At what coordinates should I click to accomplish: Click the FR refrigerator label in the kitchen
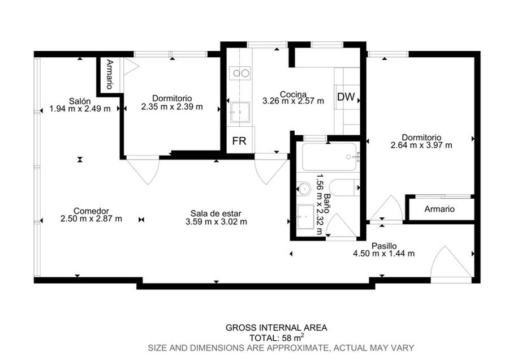[x=239, y=141]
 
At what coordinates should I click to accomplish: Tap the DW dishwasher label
[x=346, y=96]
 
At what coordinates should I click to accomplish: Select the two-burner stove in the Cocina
[x=240, y=73]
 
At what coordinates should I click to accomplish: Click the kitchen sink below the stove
[x=240, y=112]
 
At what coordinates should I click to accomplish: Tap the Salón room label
[x=80, y=101]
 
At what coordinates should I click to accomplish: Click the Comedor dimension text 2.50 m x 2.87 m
[x=91, y=218]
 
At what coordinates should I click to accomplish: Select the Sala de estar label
[x=216, y=213]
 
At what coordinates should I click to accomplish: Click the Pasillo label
[x=384, y=246]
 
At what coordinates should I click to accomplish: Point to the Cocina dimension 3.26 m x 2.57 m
[x=293, y=101]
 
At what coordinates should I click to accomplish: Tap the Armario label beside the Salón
[x=110, y=74]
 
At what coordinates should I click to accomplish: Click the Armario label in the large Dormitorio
[x=439, y=209]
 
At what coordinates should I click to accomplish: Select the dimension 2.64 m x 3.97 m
[x=421, y=145]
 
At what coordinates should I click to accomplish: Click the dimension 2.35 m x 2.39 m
[x=172, y=106]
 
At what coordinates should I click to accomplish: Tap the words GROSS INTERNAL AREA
[x=276, y=328]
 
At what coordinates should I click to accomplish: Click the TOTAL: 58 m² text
[x=277, y=337]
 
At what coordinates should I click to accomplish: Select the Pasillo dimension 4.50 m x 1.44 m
[x=383, y=254]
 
